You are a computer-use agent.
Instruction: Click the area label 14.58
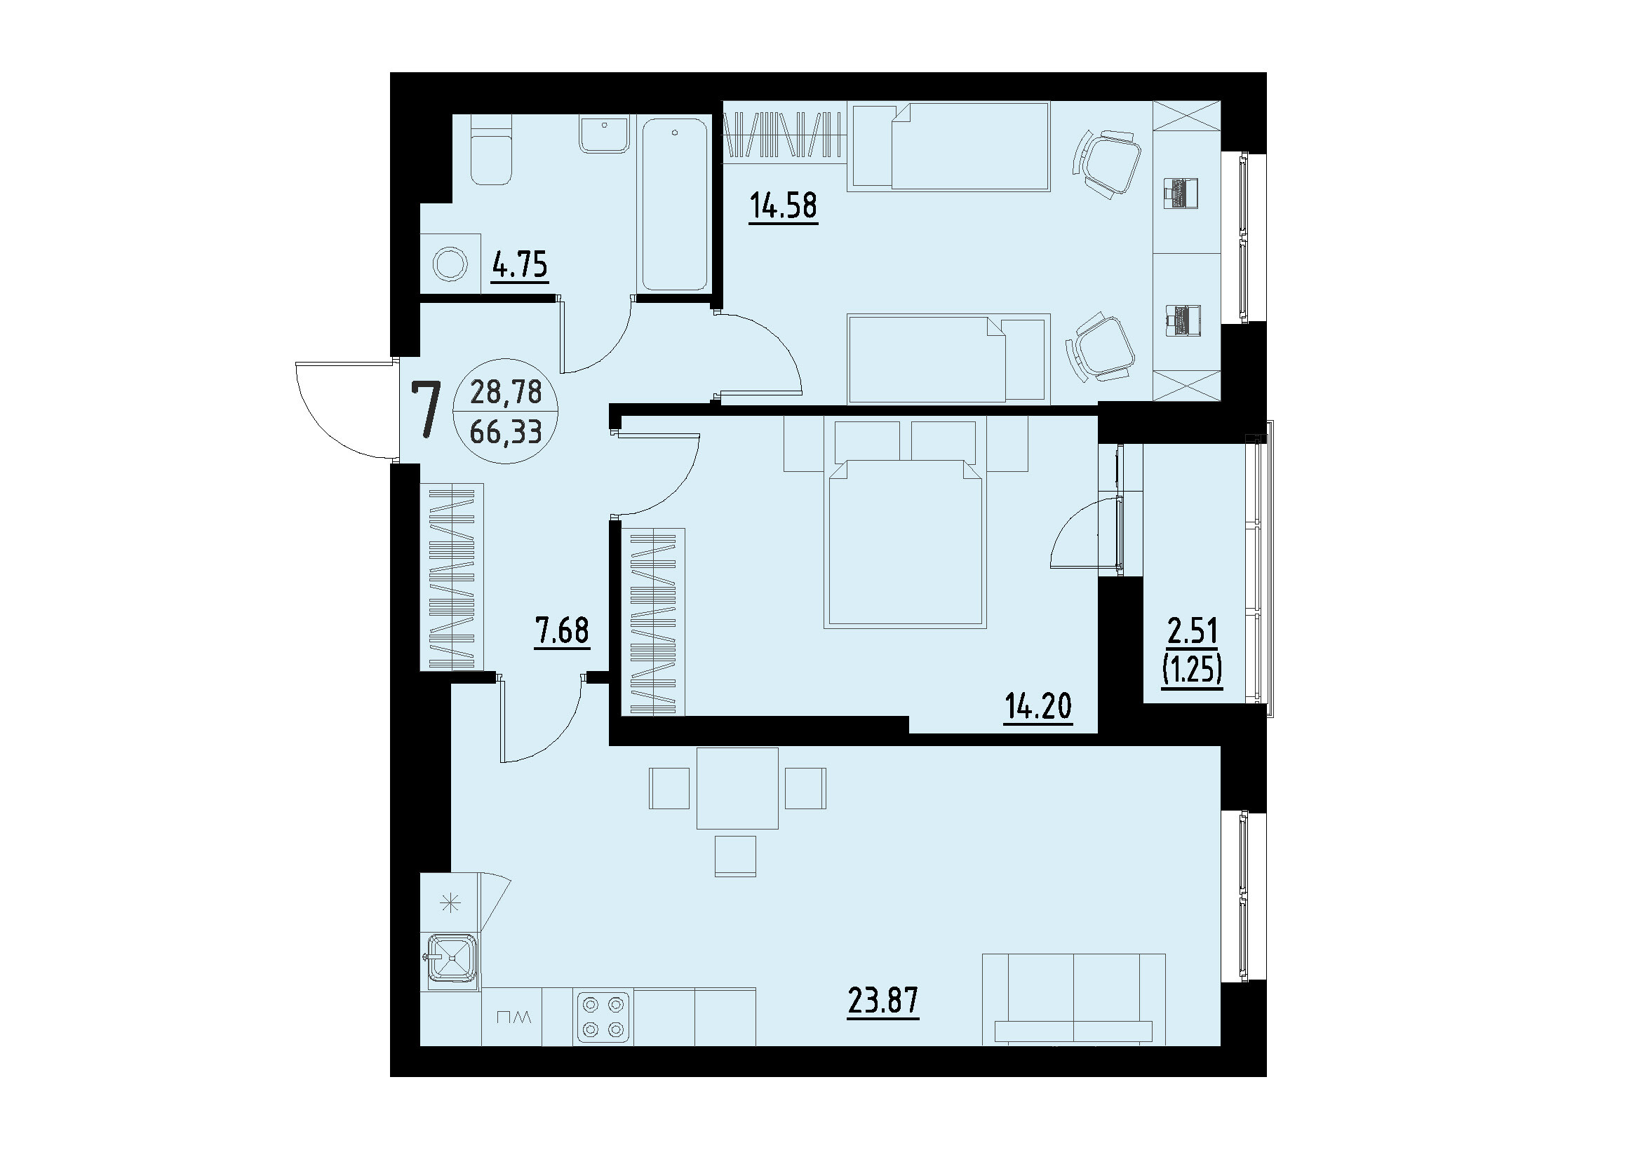[x=783, y=205]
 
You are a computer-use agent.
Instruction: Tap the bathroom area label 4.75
[x=520, y=265]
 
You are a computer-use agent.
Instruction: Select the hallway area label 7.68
[x=561, y=632]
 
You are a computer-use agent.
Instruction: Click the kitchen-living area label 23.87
[x=882, y=1001]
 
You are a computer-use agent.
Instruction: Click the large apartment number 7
[x=426, y=411]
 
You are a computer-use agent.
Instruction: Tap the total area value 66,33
[x=506, y=432]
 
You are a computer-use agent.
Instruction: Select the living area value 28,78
[x=506, y=392]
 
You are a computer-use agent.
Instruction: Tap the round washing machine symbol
[x=450, y=264]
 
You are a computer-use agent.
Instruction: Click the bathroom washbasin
[x=605, y=135]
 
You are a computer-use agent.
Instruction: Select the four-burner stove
[x=603, y=1016]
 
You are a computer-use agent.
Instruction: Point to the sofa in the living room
[x=1073, y=1000]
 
